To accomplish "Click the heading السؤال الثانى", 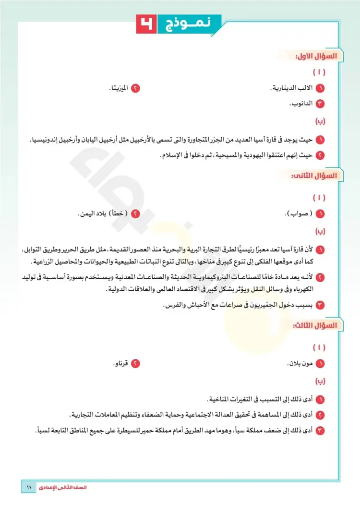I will click(315, 176).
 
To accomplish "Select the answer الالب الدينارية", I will click(293, 89).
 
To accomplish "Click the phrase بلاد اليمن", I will click(90, 213).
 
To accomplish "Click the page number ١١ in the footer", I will click(28, 487).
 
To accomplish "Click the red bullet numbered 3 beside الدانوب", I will click(321, 103).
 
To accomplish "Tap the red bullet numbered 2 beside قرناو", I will click(136, 364).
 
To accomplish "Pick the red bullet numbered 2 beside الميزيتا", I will click(136, 89).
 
